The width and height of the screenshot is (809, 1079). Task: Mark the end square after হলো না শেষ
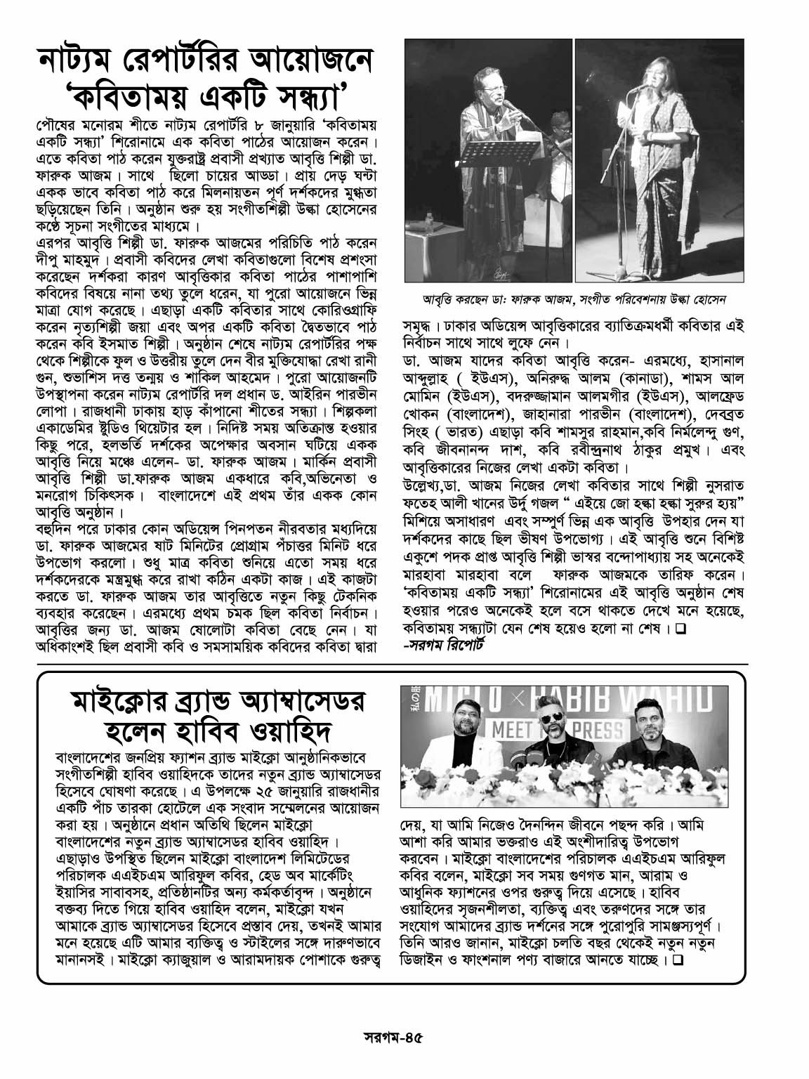click(x=680, y=629)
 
